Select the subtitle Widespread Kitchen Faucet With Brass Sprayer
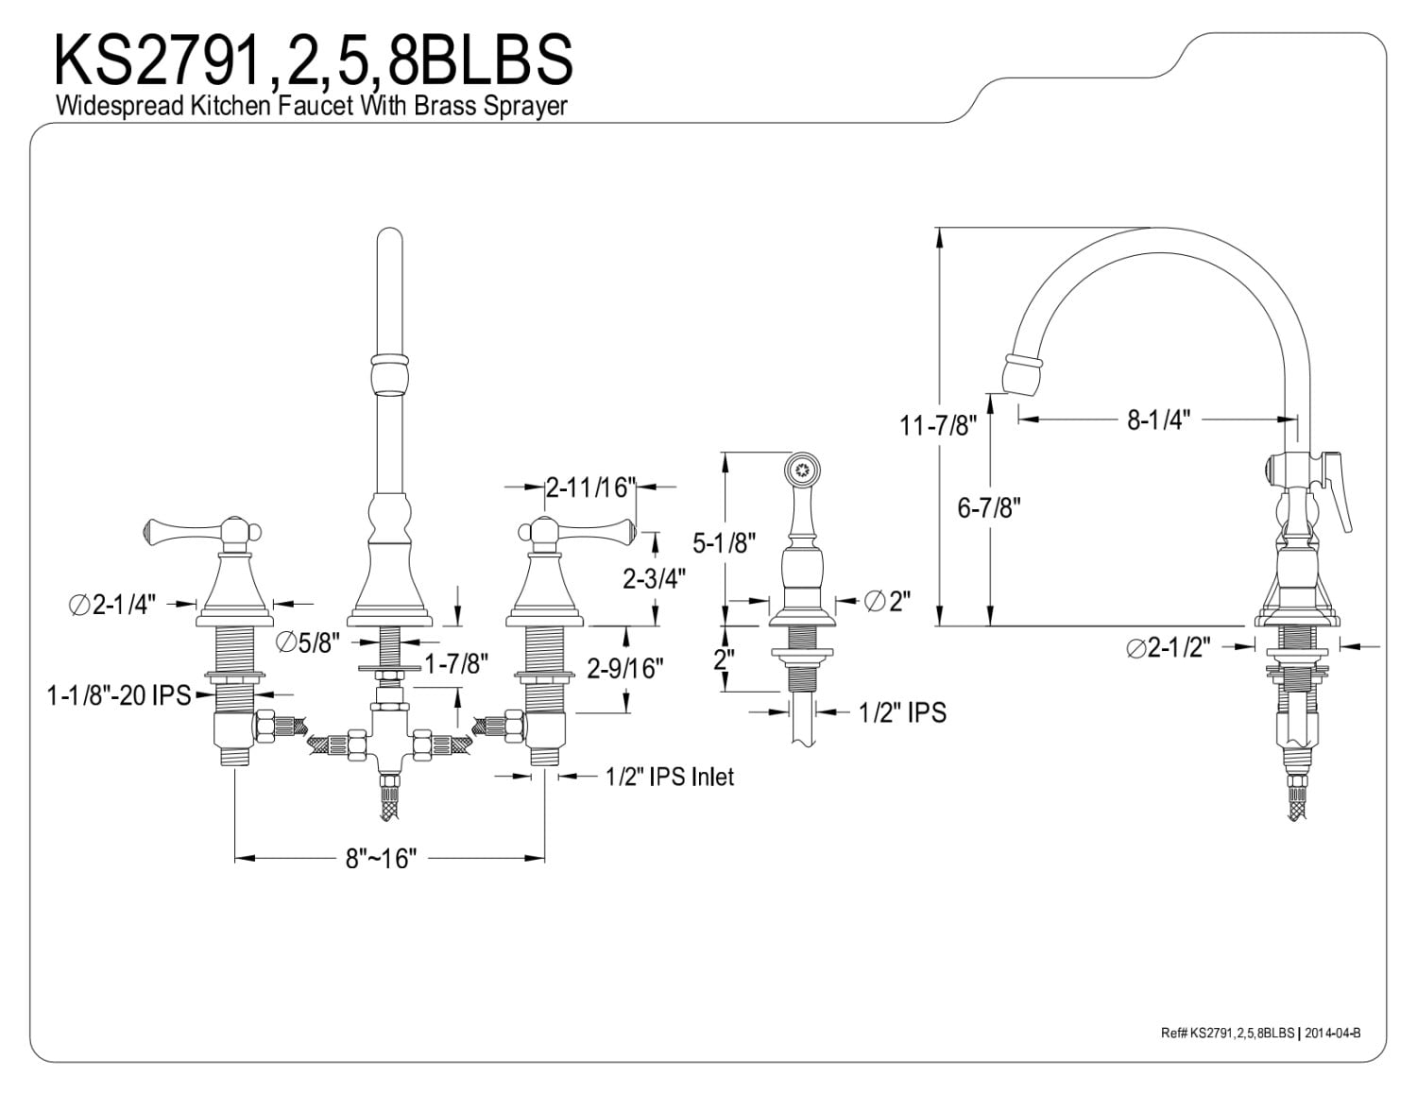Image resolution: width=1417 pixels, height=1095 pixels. click(x=312, y=105)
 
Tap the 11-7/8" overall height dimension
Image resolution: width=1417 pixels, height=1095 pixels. click(x=935, y=425)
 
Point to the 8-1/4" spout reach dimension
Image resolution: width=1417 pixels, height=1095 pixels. click(x=1157, y=420)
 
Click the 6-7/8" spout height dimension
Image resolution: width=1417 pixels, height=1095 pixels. click(x=989, y=507)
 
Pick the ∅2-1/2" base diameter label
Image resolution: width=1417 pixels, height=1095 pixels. click(x=1169, y=648)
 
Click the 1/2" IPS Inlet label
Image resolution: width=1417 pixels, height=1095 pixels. click(x=669, y=777)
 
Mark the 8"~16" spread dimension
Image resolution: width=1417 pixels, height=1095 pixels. click(x=381, y=859)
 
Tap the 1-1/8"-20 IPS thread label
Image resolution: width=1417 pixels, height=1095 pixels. click(x=119, y=696)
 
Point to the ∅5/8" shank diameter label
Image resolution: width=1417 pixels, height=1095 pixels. click(x=308, y=643)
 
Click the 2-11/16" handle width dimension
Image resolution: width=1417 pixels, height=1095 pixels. click(x=588, y=488)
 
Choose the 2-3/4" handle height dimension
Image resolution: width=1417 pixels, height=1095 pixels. click(x=654, y=577)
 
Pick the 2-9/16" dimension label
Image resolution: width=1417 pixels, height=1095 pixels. click(x=624, y=669)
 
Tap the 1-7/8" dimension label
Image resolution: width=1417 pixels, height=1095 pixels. click(x=455, y=664)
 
